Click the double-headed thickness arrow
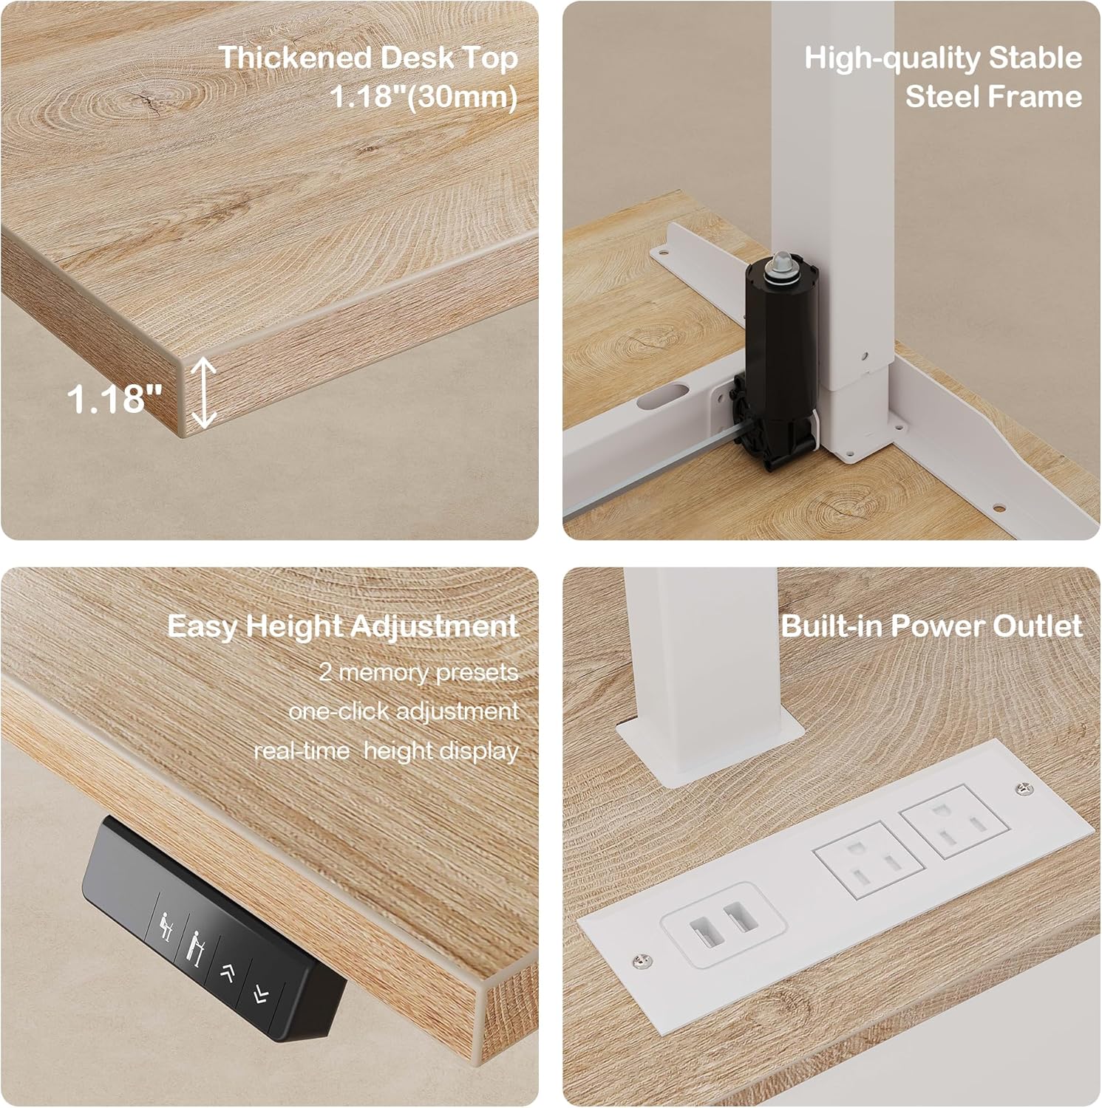204,393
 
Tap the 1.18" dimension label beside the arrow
115,398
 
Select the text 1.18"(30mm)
423,97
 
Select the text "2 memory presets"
418,672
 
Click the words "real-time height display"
386,751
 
